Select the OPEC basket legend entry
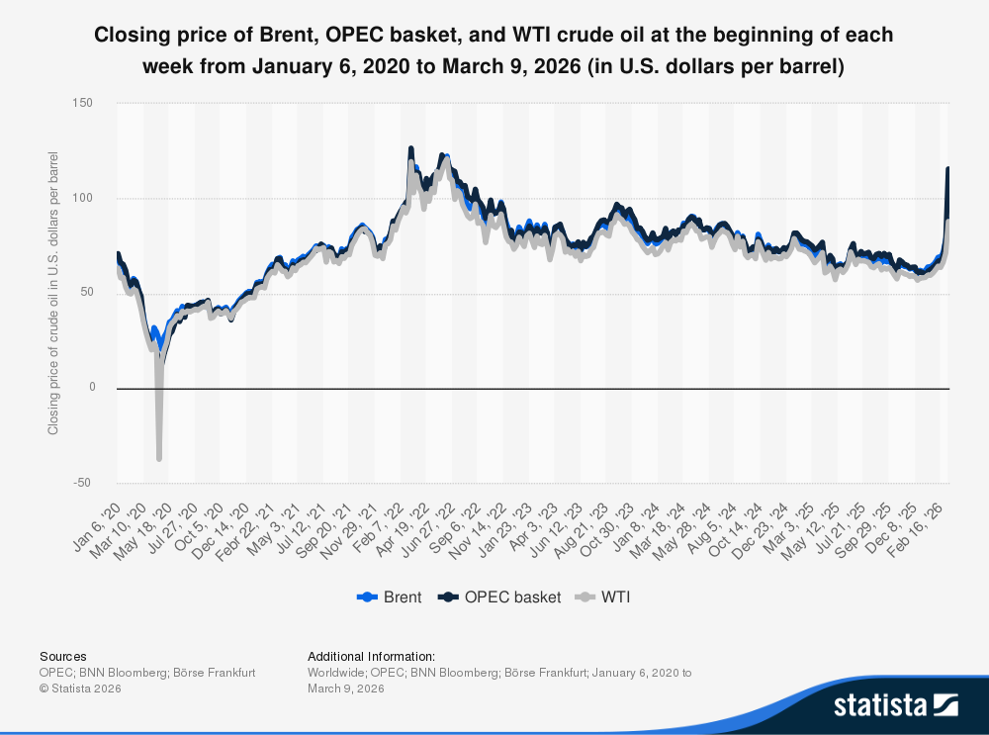coord(499,597)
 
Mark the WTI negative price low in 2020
coord(159,458)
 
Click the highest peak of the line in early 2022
coord(410,148)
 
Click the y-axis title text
coord(53,293)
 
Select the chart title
coord(494,51)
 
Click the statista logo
coord(895,704)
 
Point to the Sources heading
coord(62,656)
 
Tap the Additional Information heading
coord(371,656)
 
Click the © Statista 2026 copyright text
coord(80,689)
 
